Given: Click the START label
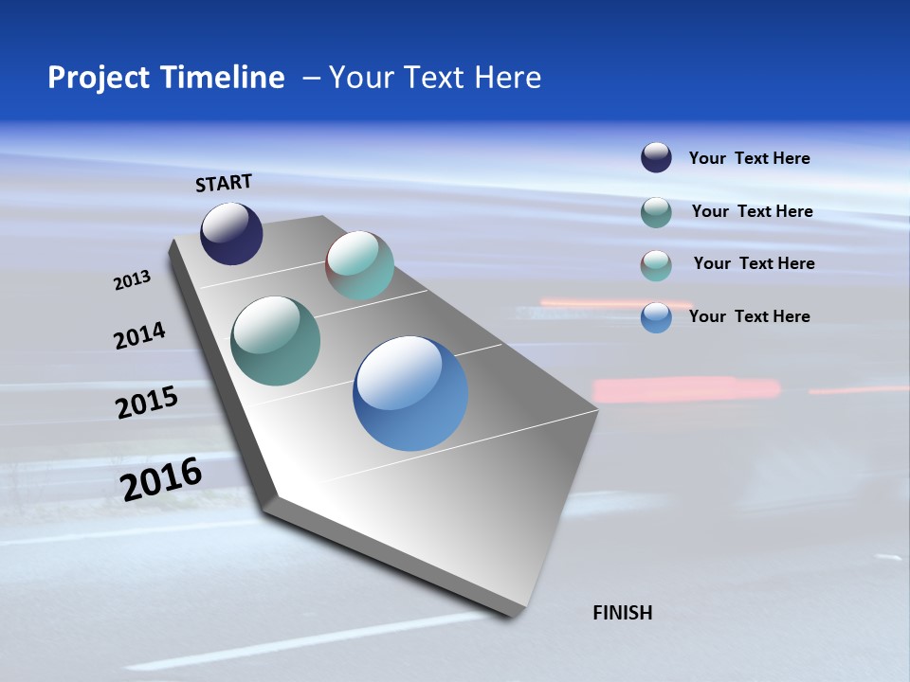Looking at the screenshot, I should coord(224,183).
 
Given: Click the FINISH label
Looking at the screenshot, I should coord(622,613).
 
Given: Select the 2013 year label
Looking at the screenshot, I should coord(132,280).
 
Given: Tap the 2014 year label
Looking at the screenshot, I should coord(139,335).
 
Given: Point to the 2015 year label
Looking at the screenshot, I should coord(147,402).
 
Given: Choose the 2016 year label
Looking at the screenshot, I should coord(161,479).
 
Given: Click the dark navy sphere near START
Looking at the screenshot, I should coord(231,233).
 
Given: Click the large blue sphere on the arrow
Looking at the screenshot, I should coord(410,392).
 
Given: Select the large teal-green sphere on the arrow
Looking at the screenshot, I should coord(276,341).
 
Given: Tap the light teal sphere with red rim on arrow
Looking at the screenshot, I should coord(360,265).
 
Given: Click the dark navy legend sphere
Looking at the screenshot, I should coord(656,157).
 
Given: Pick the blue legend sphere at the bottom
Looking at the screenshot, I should coord(656,316).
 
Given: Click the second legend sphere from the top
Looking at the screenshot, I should coord(656,212).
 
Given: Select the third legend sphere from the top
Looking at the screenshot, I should coord(656,264).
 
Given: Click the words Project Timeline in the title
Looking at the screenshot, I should coord(166,78).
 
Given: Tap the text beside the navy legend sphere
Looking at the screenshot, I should coord(749,158).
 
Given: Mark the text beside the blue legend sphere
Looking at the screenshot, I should coord(749,316).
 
